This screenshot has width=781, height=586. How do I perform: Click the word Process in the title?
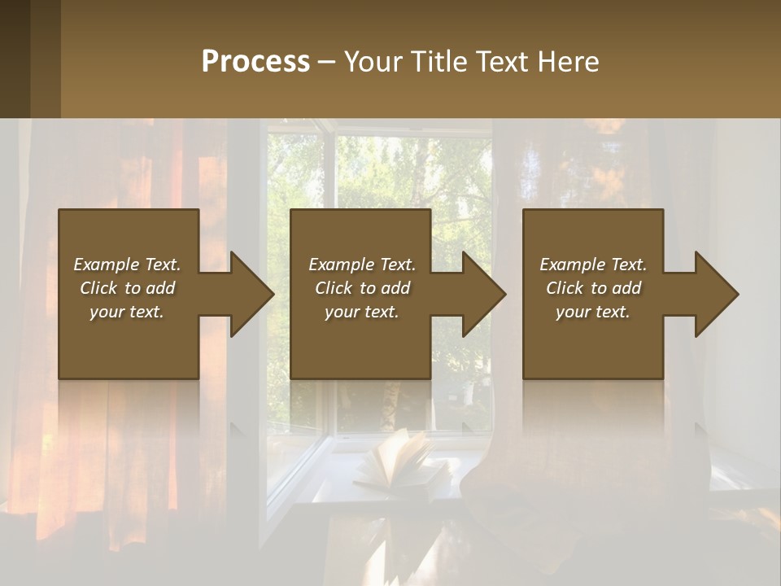255,62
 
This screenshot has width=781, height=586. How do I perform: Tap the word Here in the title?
568,62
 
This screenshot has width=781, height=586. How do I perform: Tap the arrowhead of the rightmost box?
715,294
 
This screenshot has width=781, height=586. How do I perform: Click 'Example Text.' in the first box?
127,265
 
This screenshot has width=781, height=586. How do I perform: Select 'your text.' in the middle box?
361,312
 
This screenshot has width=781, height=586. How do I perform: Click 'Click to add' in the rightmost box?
593,288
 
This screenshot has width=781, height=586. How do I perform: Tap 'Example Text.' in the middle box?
361,265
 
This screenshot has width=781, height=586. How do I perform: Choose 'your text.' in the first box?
127,312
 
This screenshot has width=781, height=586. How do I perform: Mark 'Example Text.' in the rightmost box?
593,265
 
